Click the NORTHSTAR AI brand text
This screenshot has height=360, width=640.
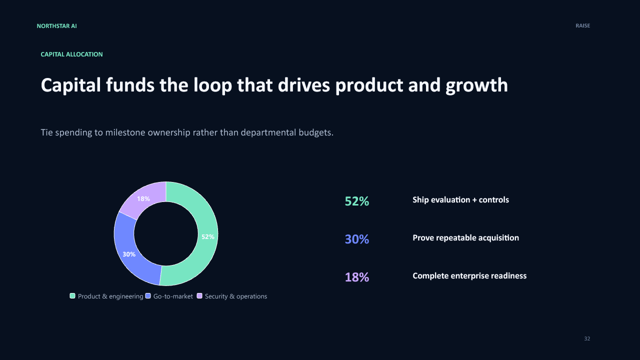[56, 26]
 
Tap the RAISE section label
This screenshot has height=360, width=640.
[582, 25]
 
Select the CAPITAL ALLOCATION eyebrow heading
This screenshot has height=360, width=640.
[71, 54]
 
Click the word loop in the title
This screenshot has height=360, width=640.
[212, 85]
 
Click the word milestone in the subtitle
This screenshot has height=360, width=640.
[125, 132]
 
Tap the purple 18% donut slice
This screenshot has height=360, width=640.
[143, 198]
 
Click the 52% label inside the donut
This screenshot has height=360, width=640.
[207, 237]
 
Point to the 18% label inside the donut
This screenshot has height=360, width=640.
[143, 199]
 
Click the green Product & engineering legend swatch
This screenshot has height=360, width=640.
[72, 296]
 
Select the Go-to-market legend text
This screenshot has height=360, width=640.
[173, 296]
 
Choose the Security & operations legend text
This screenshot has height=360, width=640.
[235, 296]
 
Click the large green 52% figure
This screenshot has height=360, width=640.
[357, 201]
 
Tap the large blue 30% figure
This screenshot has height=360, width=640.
[357, 239]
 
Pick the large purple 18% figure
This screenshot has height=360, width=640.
[357, 277]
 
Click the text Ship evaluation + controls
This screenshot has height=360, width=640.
[460, 199]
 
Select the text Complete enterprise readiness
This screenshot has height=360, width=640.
[469, 276]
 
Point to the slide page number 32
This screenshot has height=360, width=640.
[587, 338]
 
